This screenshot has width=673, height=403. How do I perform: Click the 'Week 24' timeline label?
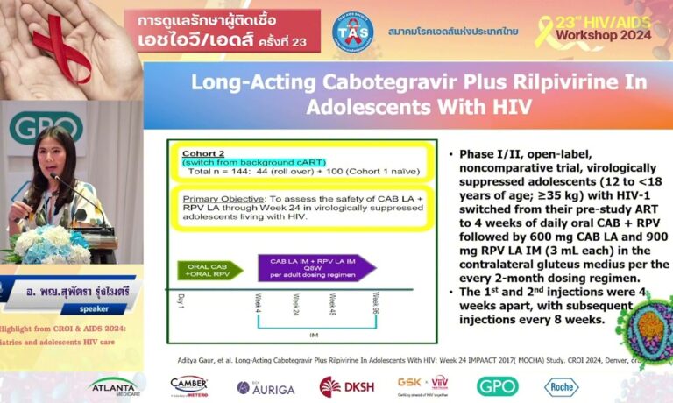(294, 307)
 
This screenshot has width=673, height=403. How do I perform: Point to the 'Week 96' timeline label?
(375, 306)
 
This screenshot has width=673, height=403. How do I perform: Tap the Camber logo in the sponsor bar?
(188, 386)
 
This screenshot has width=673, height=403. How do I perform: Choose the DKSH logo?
(341, 386)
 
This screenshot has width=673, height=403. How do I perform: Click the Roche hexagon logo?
(561, 386)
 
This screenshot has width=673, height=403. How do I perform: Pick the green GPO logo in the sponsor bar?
(497, 386)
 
